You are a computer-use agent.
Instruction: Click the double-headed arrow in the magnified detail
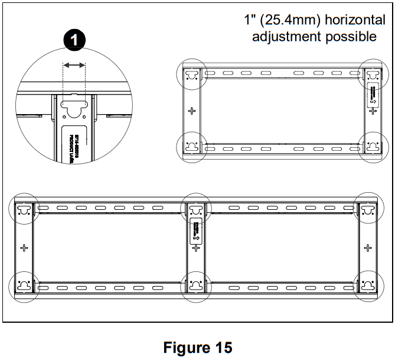click(x=74, y=65)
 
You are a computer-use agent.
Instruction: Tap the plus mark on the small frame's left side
click(x=191, y=111)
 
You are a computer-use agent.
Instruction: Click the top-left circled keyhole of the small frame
click(x=191, y=75)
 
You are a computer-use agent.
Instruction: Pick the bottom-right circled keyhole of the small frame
click(x=373, y=146)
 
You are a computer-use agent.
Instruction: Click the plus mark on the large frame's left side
click(x=24, y=247)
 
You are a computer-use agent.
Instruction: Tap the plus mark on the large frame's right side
click(x=368, y=247)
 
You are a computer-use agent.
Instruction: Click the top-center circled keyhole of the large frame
click(x=195, y=209)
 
